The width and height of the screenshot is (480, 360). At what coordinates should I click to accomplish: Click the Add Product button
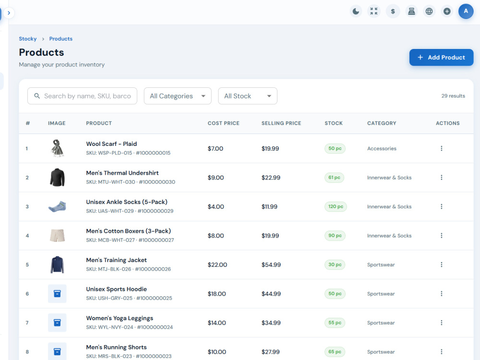pyautogui.click(x=441, y=57)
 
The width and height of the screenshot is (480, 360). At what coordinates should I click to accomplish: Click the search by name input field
pyautogui.click(x=83, y=96)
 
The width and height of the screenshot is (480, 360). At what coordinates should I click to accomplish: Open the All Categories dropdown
pyautogui.click(x=178, y=96)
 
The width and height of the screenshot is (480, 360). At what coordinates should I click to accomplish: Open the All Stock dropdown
pyautogui.click(x=248, y=96)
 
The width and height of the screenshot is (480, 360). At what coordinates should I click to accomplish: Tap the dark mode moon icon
pyautogui.click(x=356, y=12)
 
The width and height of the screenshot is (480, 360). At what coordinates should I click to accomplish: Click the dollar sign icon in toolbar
pyautogui.click(x=393, y=12)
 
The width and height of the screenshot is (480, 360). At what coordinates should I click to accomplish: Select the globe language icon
pyautogui.click(x=429, y=12)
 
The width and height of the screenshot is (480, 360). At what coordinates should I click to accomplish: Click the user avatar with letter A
pyautogui.click(x=466, y=12)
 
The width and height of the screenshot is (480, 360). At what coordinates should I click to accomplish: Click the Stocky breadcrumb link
pyautogui.click(x=27, y=39)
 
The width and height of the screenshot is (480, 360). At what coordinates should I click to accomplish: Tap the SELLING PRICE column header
pyautogui.click(x=281, y=123)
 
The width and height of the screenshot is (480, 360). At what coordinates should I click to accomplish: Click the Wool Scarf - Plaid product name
pyautogui.click(x=111, y=144)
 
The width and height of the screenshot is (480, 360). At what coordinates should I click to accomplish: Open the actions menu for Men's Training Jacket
pyautogui.click(x=442, y=264)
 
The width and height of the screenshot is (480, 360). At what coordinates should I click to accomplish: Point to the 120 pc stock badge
pyautogui.click(x=336, y=206)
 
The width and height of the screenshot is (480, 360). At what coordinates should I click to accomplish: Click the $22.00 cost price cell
pyautogui.click(x=217, y=265)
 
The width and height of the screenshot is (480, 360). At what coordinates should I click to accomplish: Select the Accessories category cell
pyautogui.click(x=382, y=148)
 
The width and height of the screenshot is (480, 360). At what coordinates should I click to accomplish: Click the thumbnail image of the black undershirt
pyautogui.click(x=57, y=177)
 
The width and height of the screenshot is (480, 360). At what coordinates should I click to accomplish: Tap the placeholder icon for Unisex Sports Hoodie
pyautogui.click(x=57, y=294)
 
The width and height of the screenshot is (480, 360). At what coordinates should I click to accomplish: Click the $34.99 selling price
pyautogui.click(x=271, y=323)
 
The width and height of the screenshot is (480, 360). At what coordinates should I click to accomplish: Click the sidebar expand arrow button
pyautogui.click(x=9, y=13)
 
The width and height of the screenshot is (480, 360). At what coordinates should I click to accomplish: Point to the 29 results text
pyautogui.click(x=453, y=96)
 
